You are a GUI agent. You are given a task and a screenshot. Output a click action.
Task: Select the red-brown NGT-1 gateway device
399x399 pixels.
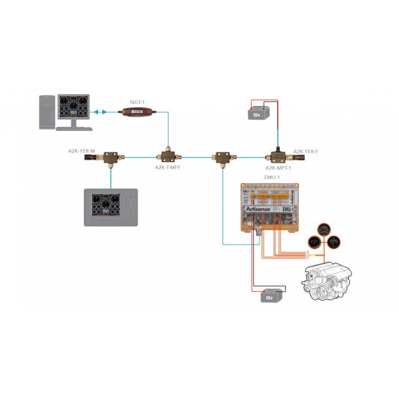click(137, 112)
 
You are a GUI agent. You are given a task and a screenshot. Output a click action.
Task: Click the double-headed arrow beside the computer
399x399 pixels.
click(99, 112)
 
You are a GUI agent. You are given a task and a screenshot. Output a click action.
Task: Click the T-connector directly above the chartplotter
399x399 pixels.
click(112, 157)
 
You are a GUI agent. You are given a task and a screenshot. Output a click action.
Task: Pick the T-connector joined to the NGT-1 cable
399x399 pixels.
click(167, 157)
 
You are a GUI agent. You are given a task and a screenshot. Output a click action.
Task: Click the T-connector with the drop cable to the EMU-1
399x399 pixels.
click(222, 157)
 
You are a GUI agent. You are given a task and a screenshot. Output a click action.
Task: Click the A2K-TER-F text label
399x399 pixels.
click(305, 150)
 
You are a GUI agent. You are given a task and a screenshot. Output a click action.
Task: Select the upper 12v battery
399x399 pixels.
click(256, 112)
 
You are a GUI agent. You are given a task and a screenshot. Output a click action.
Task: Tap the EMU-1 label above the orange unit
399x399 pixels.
click(271, 177)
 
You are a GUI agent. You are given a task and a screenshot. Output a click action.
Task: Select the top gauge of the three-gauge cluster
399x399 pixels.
click(323, 230)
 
